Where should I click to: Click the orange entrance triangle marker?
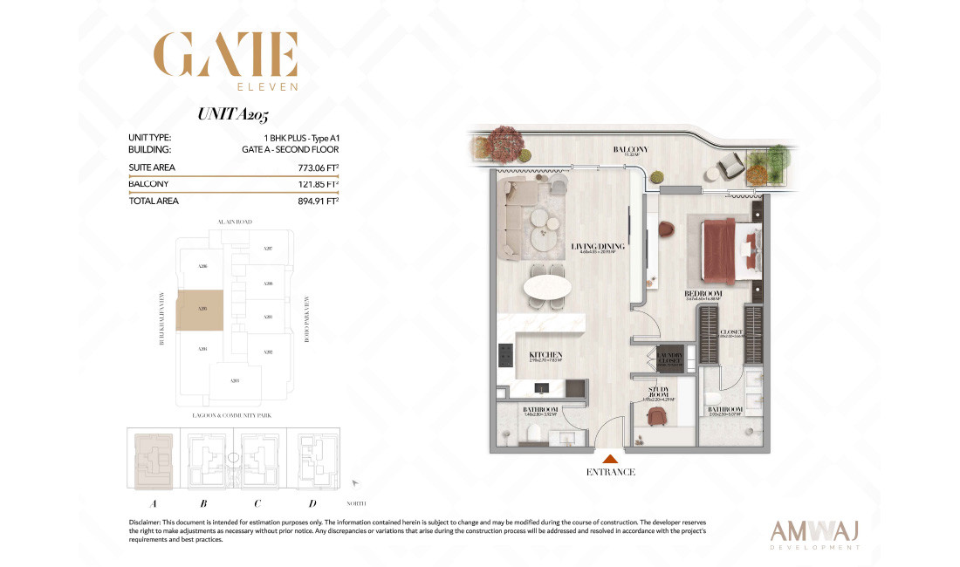[x=611, y=456]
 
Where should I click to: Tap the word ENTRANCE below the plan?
[x=611, y=472]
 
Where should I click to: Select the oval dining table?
[x=547, y=287]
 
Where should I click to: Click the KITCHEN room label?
[x=543, y=354]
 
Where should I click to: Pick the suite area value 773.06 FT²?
[x=318, y=167]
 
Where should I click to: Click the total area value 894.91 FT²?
[x=318, y=201]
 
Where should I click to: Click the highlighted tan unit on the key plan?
[x=199, y=310]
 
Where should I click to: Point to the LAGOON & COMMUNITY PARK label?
[x=232, y=416]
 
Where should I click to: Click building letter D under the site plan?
[x=312, y=502]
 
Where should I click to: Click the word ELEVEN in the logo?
[x=268, y=86]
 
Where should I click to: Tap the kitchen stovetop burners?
[x=505, y=355]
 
